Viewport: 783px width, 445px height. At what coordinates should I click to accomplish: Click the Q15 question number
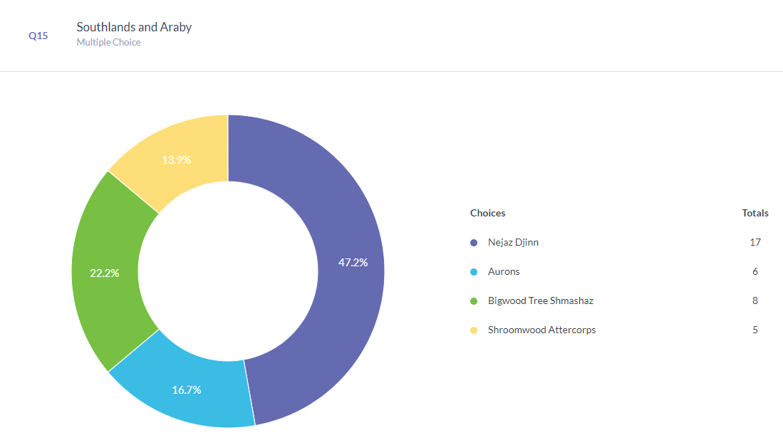tap(38, 36)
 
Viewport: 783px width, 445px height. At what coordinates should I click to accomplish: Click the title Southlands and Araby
tap(134, 27)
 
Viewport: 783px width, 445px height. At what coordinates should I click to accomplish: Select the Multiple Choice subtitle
tap(108, 43)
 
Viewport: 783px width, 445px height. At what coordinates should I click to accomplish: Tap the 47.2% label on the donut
tap(353, 263)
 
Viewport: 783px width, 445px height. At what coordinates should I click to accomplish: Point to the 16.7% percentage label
tap(187, 390)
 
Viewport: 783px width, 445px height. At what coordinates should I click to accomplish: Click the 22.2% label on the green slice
tap(104, 273)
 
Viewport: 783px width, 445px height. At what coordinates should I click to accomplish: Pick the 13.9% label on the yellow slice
tap(176, 160)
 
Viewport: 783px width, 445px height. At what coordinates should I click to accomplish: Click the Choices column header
tap(487, 213)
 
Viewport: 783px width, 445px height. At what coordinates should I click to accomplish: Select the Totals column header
tap(755, 213)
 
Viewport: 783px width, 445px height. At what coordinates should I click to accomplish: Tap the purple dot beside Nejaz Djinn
tap(474, 243)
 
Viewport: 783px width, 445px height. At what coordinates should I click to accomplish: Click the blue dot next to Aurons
tap(474, 272)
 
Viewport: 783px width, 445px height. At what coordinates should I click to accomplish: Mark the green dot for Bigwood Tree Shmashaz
tap(474, 301)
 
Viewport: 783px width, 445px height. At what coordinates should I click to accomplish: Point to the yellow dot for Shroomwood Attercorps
tap(474, 330)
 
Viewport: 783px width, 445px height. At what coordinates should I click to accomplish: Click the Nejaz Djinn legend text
tap(513, 243)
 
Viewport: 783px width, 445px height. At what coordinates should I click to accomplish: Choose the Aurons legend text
tap(504, 272)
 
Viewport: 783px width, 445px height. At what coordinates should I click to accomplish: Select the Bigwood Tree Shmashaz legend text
tap(540, 301)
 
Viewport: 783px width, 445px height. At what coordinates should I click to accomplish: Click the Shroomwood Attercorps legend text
tap(541, 330)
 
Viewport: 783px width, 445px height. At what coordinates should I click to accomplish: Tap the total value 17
tap(755, 243)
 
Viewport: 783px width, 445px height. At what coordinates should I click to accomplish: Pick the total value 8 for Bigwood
tap(755, 301)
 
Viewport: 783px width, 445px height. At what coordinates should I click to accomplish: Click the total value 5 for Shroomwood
tap(755, 330)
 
